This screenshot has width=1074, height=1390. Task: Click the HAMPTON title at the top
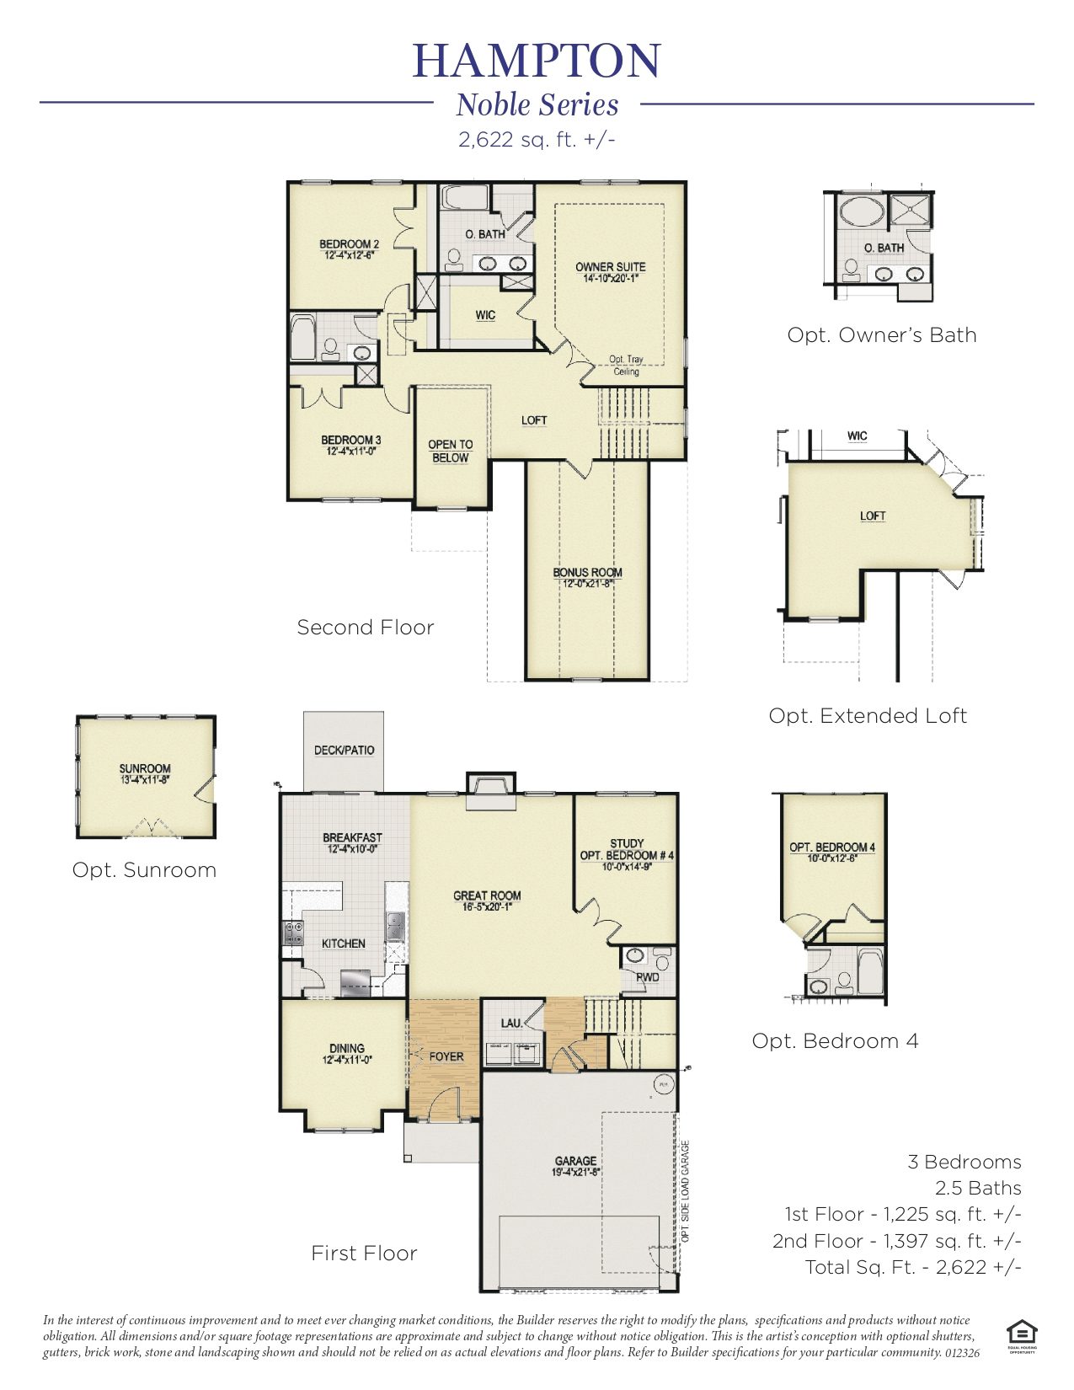537,60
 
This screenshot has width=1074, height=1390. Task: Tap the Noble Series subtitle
537,105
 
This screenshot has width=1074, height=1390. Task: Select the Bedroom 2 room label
349,244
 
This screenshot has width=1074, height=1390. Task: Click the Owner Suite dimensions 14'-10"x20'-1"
611,279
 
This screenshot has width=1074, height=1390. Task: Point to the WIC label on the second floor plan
485,315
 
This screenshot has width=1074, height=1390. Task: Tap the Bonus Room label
587,572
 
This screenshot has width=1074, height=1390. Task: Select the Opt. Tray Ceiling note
626,365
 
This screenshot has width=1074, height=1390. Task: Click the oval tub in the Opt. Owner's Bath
859,210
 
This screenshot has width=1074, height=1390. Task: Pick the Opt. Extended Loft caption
867,716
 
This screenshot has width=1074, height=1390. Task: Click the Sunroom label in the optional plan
145,767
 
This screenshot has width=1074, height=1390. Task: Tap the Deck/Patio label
344,750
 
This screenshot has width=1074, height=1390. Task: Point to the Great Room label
487,895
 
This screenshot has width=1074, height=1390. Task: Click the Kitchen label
343,944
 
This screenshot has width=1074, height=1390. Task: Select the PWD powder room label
647,977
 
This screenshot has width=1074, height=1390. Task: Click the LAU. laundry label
511,1023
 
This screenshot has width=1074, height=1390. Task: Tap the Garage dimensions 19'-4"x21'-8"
575,1172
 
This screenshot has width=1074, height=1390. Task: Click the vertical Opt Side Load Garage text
686,1191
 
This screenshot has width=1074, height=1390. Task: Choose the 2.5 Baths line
977,1188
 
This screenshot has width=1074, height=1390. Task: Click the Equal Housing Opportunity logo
1021,1333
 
